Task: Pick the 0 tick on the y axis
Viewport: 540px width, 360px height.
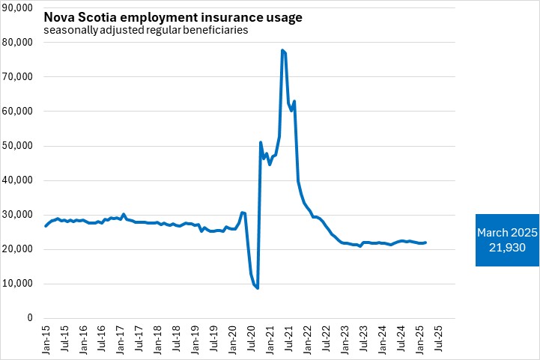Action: pos(29,318)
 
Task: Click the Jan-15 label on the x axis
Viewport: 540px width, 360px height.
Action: pos(45,338)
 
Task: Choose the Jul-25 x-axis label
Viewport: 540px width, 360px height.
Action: pos(438,338)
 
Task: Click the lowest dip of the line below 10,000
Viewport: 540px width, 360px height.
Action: pos(258,288)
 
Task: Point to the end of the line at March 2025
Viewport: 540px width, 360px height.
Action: pos(426,242)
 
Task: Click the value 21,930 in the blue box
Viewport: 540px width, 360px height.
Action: pos(507,247)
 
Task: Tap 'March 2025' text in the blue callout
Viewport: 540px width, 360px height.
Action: pos(507,233)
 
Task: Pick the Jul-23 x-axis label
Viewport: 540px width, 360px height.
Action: pos(363,338)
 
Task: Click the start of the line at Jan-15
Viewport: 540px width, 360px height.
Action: pos(45,226)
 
